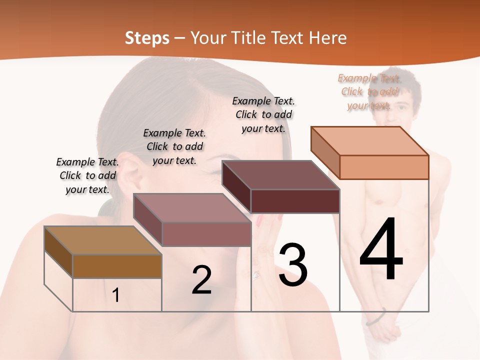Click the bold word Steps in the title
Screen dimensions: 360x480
pyautogui.click(x=147, y=38)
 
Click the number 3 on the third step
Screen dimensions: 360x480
pyautogui.click(x=293, y=265)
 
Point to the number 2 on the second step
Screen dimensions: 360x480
pyautogui.click(x=201, y=280)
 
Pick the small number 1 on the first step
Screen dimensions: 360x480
pyautogui.click(x=116, y=295)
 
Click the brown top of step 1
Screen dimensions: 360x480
pyautogui.click(x=102, y=240)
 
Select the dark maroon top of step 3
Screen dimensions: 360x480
pyautogui.click(x=280, y=175)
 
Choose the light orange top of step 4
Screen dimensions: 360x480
pyautogui.click(x=369, y=141)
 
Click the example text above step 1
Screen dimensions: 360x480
pyautogui.click(x=87, y=175)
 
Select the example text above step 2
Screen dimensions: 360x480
pyautogui.click(x=174, y=146)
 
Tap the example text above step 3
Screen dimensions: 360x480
pyautogui.click(x=263, y=114)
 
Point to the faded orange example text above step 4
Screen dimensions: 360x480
pyautogui.click(x=369, y=91)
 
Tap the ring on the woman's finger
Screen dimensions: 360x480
pyautogui.click(x=256, y=273)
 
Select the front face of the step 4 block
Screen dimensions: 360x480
pyautogui.click(x=384, y=167)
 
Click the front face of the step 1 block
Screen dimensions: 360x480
pyautogui.click(x=117, y=266)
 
